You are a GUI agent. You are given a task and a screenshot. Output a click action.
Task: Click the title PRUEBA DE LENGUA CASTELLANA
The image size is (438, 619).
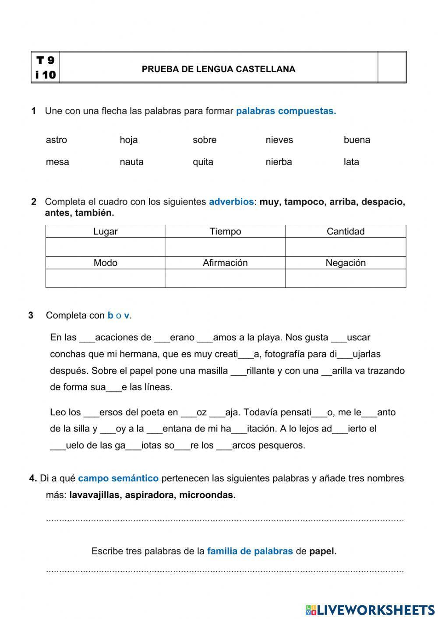(218, 69)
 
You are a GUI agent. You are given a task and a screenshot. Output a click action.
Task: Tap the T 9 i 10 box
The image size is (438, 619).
(46, 67)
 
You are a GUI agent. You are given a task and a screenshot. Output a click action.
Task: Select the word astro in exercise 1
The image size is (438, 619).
(57, 140)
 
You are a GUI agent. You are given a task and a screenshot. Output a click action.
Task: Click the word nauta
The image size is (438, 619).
(131, 162)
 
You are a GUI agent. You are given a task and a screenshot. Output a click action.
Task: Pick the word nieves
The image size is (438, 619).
(279, 140)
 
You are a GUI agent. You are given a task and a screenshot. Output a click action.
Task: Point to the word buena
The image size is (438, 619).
(357, 140)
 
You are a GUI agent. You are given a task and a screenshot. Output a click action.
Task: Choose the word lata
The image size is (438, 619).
(351, 162)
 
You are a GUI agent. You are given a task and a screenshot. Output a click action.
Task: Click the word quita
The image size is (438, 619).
(203, 162)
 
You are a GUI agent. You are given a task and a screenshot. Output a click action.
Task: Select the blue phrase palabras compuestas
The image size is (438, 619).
(286, 111)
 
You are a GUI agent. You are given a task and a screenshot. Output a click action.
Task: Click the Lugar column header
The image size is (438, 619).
(105, 231)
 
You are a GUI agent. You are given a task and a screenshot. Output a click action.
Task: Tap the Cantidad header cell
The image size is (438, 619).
(345, 231)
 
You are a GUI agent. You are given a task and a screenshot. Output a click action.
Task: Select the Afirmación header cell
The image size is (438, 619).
(225, 263)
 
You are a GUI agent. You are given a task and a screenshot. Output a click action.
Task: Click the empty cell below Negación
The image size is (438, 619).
(345, 278)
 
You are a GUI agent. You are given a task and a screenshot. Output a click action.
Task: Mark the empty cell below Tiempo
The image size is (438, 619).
(225, 247)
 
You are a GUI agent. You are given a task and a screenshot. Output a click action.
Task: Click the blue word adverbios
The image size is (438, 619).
(231, 202)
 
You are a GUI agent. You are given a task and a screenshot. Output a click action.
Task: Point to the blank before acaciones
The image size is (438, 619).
(87, 338)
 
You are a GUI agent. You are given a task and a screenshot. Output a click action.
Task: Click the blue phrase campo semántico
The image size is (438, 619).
(118, 478)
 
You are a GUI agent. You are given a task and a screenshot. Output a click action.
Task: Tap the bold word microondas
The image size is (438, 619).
(207, 495)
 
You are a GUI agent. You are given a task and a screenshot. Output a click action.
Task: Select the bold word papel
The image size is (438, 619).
(322, 552)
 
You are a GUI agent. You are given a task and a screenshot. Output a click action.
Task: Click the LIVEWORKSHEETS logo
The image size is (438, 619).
(370, 610)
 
